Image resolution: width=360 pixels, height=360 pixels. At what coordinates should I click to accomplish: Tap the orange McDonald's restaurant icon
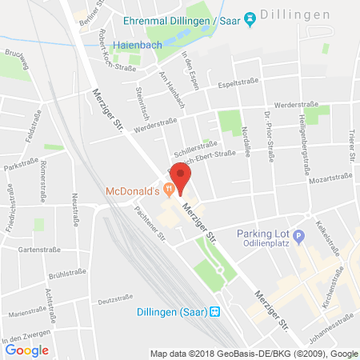tap(168, 190)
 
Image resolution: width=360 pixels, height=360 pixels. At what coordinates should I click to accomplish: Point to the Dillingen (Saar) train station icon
tap(215, 311)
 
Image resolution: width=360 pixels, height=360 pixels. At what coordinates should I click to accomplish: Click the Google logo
tap(26, 350)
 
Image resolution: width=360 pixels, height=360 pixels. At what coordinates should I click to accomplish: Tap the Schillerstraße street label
tap(196, 148)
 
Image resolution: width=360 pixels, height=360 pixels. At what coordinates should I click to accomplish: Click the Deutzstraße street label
tap(114, 300)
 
